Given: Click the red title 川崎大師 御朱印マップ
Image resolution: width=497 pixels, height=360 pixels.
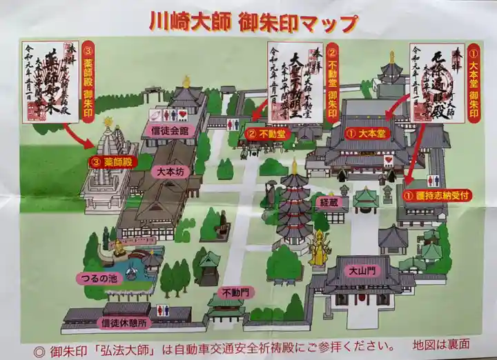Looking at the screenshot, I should [x=253, y=22].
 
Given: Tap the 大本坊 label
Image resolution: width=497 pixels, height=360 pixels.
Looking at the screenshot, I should [x=164, y=170].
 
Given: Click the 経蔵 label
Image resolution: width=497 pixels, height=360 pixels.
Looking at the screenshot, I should [x=330, y=203].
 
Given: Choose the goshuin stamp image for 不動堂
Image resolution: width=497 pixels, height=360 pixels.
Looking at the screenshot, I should [x=295, y=82].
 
